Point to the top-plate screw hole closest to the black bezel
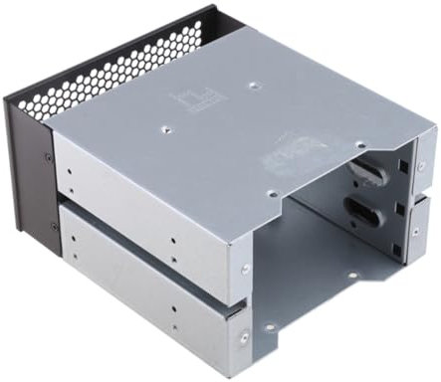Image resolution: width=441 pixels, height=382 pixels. coord(162,127)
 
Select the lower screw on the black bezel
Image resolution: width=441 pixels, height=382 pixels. coord(55,227)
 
